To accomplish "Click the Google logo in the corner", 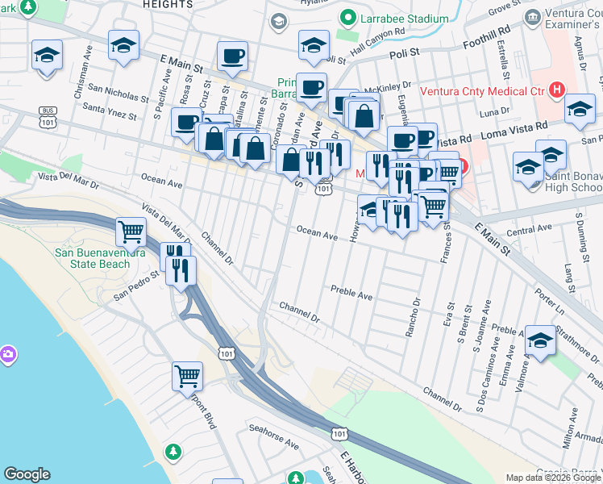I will [x=27, y=474].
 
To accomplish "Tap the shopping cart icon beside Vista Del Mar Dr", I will [x=131, y=232].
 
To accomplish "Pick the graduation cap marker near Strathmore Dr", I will [x=540, y=342].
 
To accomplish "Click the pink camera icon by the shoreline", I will [x=8, y=354].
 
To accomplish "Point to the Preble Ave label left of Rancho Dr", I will [x=351, y=292].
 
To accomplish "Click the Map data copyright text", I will [x=552, y=478].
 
